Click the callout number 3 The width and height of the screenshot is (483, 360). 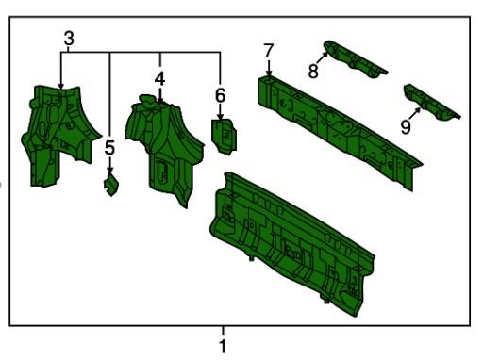pyautogui.click(x=69, y=39)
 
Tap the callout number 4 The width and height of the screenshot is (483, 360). pyautogui.click(x=159, y=79)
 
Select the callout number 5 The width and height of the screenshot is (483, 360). pyautogui.click(x=109, y=148)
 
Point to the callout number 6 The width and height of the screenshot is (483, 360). pyautogui.click(x=220, y=95)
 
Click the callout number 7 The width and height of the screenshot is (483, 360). pyautogui.click(x=269, y=51)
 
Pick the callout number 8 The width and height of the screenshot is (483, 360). pyautogui.click(x=313, y=71)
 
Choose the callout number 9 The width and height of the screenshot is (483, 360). pyautogui.click(x=406, y=127)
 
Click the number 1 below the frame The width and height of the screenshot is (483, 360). pyautogui.click(x=223, y=346)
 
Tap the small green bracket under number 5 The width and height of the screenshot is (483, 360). pyautogui.click(x=111, y=186)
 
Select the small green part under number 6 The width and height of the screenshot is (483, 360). pyautogui.click(x=225, y=136)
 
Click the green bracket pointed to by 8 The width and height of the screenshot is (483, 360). pyautogui.click(x=354, y=58)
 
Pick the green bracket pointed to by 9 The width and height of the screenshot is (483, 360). pyautogui.click(x=431, y=102)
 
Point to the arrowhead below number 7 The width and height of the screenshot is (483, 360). pyautogui.click(x=269, y=73)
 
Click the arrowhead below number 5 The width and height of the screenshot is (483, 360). pyautogui.click(x=109, y=171)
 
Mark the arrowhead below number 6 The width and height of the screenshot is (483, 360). pyautogui.click(x=220, y=116)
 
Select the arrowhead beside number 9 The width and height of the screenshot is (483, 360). pyautogui.click(x=418, y=109)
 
